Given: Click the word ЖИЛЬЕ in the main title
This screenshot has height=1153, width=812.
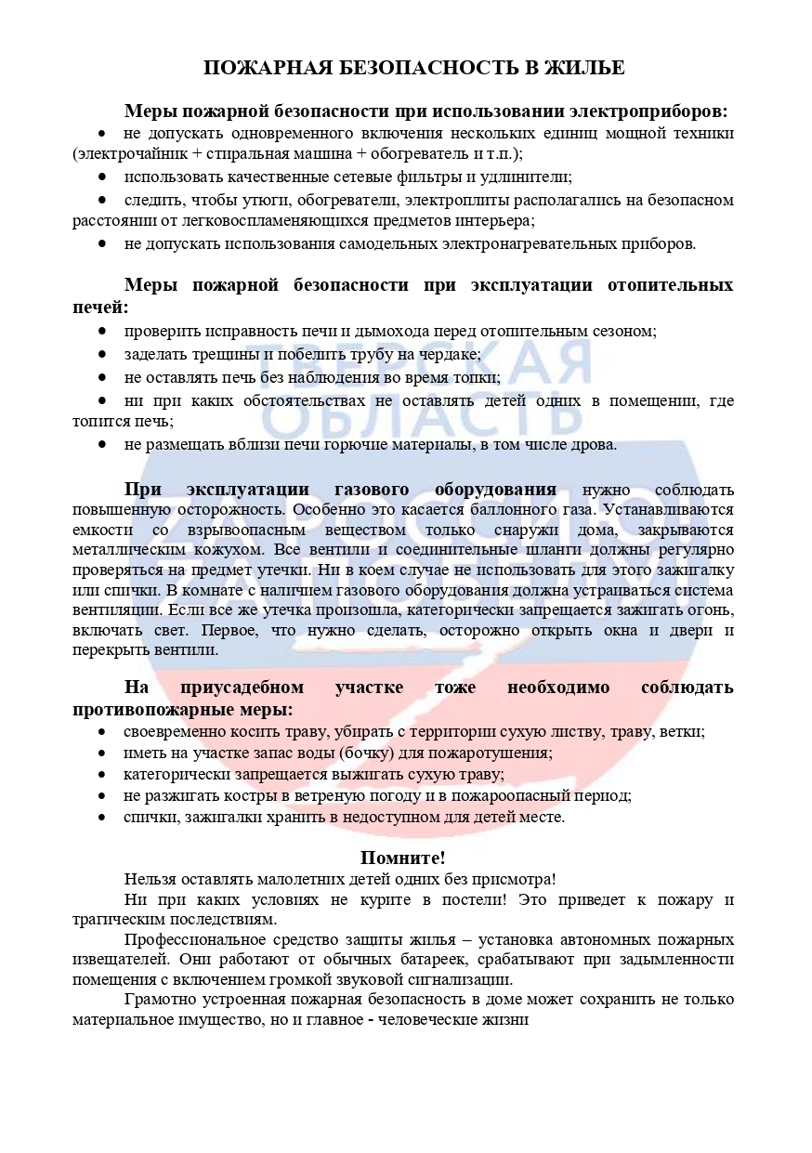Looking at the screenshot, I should [x=587, y=68].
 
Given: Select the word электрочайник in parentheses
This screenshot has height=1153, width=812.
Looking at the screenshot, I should [x=124, y=153].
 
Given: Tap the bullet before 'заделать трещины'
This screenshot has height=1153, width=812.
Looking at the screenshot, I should [x=103, y=354].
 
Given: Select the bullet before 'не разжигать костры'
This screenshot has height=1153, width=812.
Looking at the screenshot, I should [x=103, y=796].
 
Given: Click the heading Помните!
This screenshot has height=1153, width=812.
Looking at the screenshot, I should [x=403, y=858].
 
